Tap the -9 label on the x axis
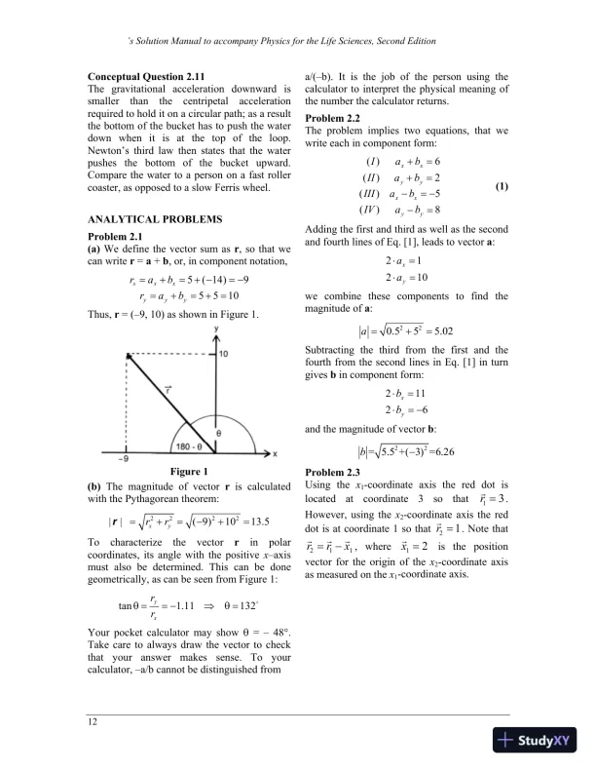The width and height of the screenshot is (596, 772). [96, 459]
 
